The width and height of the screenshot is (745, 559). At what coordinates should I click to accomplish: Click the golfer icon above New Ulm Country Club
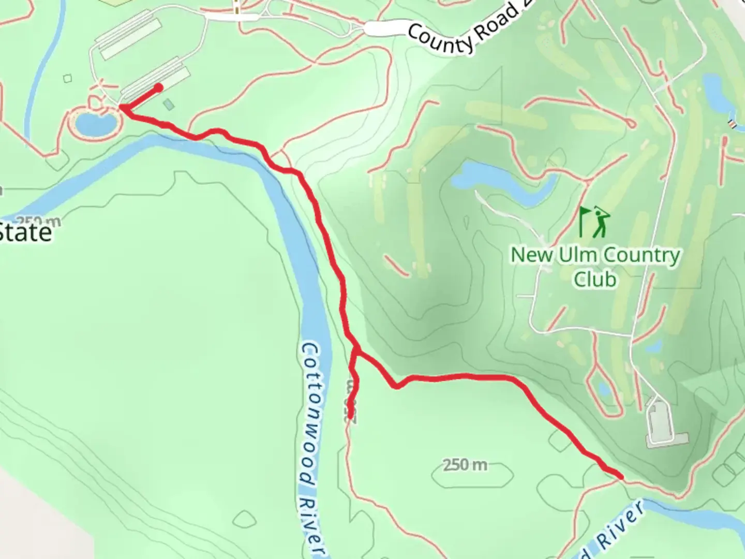[594, 222]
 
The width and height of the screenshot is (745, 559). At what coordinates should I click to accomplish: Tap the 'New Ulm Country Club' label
[595, 267]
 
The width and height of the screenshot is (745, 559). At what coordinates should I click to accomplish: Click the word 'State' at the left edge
[26, 232]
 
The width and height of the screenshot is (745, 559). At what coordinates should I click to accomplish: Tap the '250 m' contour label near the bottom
[465, 465]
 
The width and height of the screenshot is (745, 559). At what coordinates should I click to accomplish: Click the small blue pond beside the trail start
[95, 123]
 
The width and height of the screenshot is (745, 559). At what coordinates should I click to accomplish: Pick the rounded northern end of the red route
[158, 87]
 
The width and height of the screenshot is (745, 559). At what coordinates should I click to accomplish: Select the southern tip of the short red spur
[351, 415]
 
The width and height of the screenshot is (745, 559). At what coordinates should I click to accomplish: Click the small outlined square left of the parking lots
[68, 79]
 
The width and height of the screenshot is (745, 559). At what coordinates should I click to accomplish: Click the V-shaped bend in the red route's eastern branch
[396, 386]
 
